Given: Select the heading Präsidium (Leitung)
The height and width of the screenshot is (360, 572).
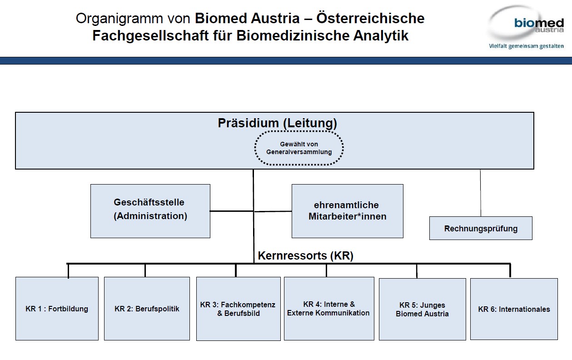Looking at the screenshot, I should coord(277,123).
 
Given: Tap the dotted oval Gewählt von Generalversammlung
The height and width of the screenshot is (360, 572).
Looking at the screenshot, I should coord(299,148).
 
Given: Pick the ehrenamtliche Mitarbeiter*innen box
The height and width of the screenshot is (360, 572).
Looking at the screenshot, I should coord(347,211).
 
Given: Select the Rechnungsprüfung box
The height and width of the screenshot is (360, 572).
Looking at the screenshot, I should coord(481,228).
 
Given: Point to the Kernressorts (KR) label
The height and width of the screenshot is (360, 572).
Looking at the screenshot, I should coord(305,255).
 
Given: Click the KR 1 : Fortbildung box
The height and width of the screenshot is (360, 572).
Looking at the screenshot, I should coord(57,309).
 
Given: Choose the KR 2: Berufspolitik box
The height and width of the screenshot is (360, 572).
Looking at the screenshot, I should coord(147,309).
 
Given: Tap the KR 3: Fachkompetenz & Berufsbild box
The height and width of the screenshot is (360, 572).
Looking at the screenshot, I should coord(238,309).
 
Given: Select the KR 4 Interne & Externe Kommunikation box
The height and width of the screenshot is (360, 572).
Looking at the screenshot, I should coord(328,308).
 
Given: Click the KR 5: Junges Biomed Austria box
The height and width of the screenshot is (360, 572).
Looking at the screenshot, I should coord(422,309).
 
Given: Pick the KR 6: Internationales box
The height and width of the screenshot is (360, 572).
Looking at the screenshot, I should coord(514,309).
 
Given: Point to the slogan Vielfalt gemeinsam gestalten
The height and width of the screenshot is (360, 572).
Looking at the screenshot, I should coord(526,46).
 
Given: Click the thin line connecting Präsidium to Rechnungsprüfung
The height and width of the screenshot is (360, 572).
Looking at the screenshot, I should coord(481,193).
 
